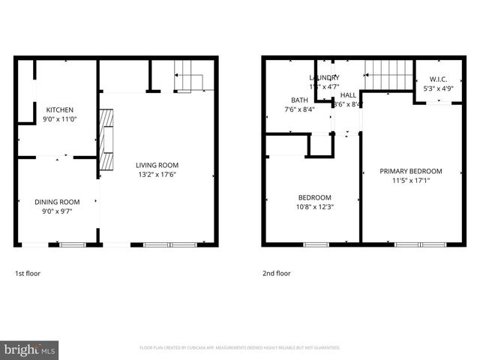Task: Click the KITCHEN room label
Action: [x=60, y=109]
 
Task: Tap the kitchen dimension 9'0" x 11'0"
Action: [x=60, y=118]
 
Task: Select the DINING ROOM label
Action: [x=57, y=202]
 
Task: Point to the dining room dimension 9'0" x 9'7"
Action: [x=57, y=211]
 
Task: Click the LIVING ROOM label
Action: [x=157, y=165]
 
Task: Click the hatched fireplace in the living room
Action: [x=106, y=140]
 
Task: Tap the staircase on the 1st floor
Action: [x=190, y=77]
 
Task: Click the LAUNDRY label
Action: [x=324, y=78]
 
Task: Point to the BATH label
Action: [x=299, y=100]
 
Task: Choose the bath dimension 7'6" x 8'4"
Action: [x=299, y=109]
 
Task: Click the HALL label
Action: [x=348, y=95]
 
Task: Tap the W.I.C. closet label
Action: [x=438, y=79]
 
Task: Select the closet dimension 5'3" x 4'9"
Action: [x=438, y=88]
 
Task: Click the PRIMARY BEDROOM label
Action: [x=410, y=171]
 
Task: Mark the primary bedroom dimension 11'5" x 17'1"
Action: [x=410, y=180]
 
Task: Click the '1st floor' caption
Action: [x=28, y=274]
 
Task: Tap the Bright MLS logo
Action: [x=30, y=349]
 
